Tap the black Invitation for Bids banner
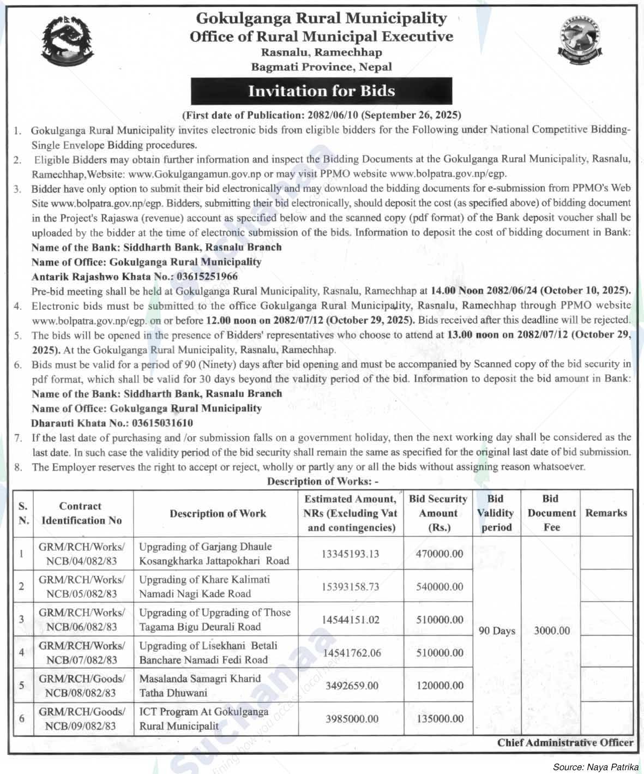pyautogui.click(x=321, y=91)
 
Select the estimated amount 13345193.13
pyautogui.click(x=350, y=554)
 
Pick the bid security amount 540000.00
pyautogui.click(x=440, y=587)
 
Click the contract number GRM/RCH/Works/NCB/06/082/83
pyautogui.click(x=81, y=620)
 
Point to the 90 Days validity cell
pyautogui.click(x=497, y=631)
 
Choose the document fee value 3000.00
pyautogui.click(x=551, y=631)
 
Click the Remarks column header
pyautogui.click(x=606, y=513)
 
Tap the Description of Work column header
pyautogui.click(x=218, y=513)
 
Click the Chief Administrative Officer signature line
pyautogui.click(x=565, y=742)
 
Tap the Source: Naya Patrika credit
pyautogui.click(x=595, y=767)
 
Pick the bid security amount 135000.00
pyautogui.click(x=440, y=719)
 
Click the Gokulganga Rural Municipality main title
pyautogui.click(x=321, y=19)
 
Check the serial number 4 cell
pyautogui.click(x=22, y=652)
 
